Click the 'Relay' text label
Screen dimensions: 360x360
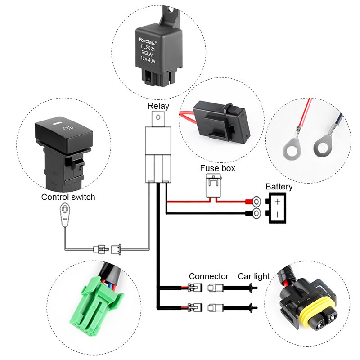[x=158, y=107]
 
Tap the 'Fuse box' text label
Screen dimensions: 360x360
[x=217, y=169]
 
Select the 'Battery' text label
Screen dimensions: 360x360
[x=279, y=187]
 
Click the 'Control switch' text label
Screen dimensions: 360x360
[x=68, y=197]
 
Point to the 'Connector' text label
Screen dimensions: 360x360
[x=208, y=276]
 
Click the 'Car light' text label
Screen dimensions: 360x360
[x=254, y=276]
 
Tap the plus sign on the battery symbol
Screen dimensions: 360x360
[x=278, y=201]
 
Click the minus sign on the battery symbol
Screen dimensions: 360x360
[x=278, y=215]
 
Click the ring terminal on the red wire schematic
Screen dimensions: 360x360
[x=256, y=201]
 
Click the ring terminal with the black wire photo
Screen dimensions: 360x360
[x=323, y=145]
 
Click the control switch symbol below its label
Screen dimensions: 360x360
[x=66, y=212]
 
